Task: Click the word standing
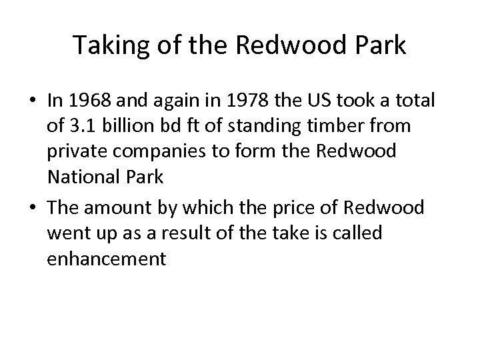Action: [x=272, y=126]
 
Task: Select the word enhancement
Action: [x=106, y=259]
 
